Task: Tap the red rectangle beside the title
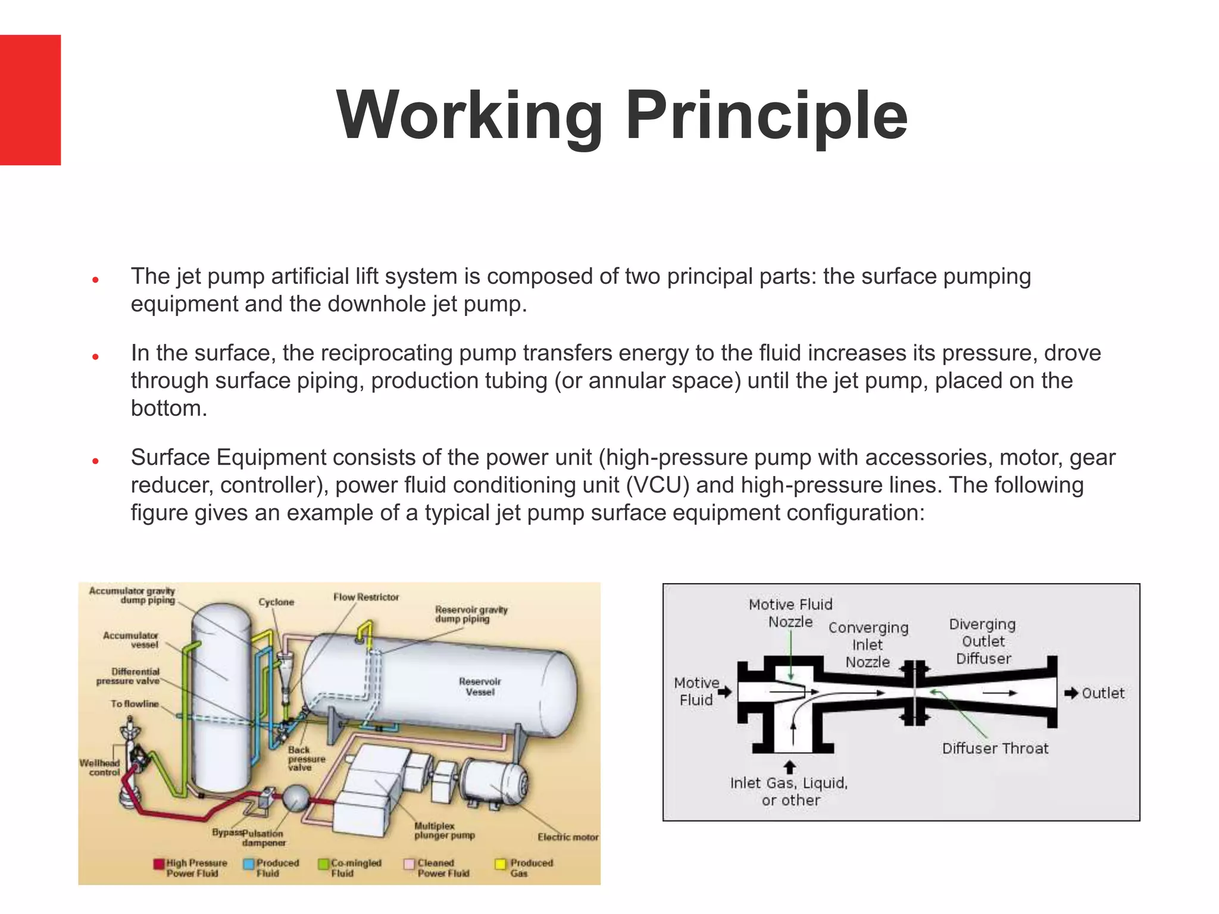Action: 30,100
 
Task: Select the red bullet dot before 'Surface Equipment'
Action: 95,461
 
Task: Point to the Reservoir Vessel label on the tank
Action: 480,687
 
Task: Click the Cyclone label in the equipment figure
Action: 276,602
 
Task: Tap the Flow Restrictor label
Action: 366,597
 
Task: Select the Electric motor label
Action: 568,837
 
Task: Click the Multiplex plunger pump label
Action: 445,831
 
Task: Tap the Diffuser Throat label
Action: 995,749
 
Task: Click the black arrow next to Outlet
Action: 1071,693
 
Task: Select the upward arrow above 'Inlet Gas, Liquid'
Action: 789,766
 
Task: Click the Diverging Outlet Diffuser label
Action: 983,641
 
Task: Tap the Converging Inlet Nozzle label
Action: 868,645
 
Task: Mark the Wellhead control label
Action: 100,768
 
